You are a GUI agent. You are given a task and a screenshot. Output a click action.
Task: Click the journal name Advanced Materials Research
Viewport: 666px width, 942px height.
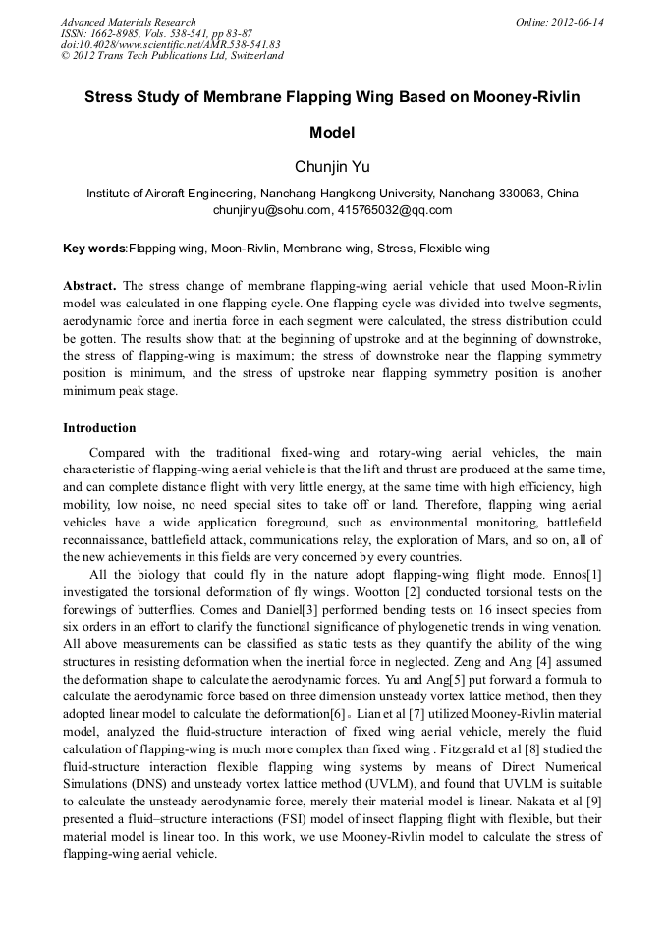pyautogui.click(x=128, y=22)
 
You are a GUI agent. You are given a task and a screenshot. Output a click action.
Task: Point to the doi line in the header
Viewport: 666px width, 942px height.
pyautogui.click(x=170, y=44)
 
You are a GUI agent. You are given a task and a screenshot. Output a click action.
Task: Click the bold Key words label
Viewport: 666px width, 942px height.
pyautogui.click(x=94, y=249)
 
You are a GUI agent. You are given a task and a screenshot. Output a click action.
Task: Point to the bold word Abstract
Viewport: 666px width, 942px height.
pyautogui.click(x=89, y=284)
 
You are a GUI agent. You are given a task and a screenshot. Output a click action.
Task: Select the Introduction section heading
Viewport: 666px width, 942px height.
pyautogui.click(x=99, y=428)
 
